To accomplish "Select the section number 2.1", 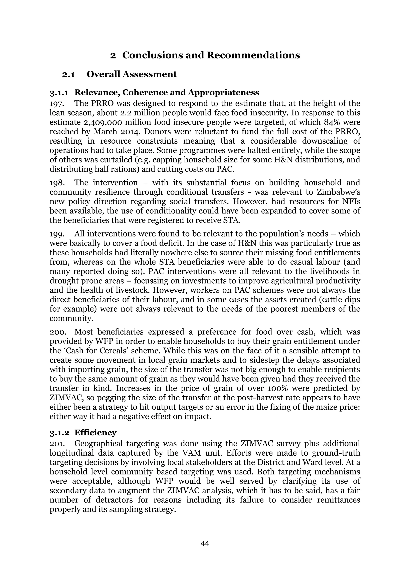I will (x=68, y=75).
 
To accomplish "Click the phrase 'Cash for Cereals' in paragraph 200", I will (x=92, y=351).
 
